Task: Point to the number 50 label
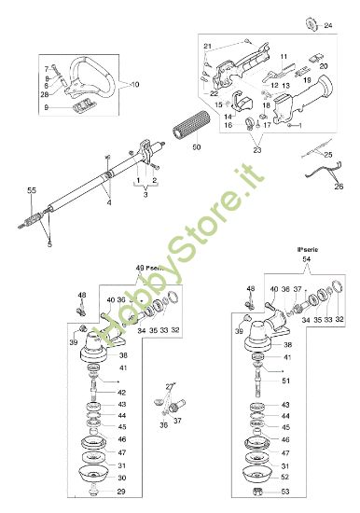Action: tap(195, 147)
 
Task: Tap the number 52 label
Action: tap(285, 477)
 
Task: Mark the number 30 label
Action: tap(121, 478)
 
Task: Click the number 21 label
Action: tap(208, 46)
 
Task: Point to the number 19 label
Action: tap(304, 81)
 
